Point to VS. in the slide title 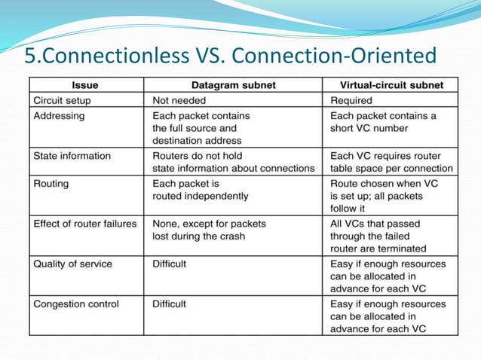pos(213,56)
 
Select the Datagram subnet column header pos(233,85)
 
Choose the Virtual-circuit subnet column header pos(392,85)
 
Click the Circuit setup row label pos(65,100)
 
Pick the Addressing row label pos(59,116)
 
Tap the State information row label pos(72,156)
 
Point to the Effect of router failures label pos(84,224)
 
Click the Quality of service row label pos(72,264)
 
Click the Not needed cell pos(179,100)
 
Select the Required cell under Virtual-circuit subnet pos(351,100)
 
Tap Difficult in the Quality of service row pos(169,264)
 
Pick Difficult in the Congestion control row pos(169,304)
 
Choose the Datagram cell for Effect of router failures pos(209,230)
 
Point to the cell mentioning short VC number pos(383,122)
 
